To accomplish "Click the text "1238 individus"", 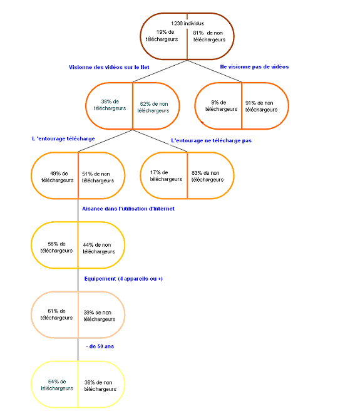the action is click(x=187, y=23).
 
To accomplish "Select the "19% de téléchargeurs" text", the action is click(x=162, y=36).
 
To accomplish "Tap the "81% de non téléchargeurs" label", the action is click(x=209, y=36).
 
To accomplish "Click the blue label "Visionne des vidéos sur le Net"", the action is click(x=109, y=67).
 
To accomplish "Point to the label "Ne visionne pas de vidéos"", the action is click(x=254, y=67).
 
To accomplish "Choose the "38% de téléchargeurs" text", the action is click(x=110, y=105).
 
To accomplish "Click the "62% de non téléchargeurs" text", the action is click(x=153, y=107).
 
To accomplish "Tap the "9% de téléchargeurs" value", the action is click(x=222, y=106).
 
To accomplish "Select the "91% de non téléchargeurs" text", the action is click(x=261, y=106).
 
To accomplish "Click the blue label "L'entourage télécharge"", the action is click(x=63, y=138).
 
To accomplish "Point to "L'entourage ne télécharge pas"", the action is click(x=211, y=140).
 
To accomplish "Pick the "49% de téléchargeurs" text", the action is click(x=58, y=177).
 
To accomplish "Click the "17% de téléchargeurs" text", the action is click(x=166, y=175).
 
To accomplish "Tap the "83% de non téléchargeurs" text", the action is click(x=207, y=176).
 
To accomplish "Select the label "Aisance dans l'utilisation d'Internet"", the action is click(x=128, y=209).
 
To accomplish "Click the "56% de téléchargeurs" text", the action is click(x=56, y=247).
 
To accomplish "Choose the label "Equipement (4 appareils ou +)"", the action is click(x=123, y=279).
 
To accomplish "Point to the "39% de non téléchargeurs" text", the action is click(x=100, y=316).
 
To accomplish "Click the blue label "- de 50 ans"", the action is click(x=100, y=346).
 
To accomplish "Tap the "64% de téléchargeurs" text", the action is click(x=57, y=385).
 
